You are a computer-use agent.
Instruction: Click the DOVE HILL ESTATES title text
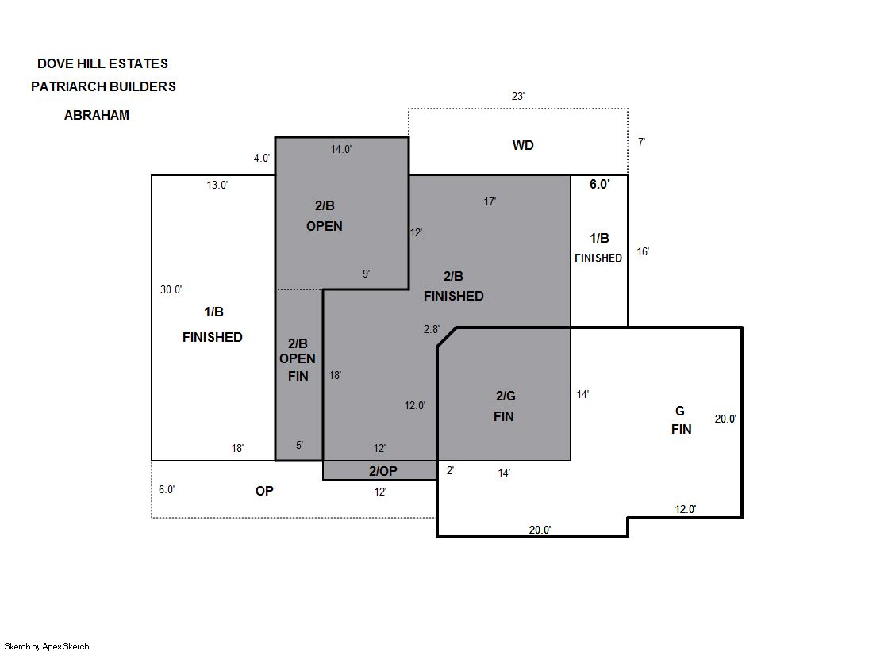(x=102, y=63)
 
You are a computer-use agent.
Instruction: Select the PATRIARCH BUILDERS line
(x=103, y=86)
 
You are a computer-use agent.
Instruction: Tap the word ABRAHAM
(x=97, y=116)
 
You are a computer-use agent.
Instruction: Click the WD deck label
(x=523, y=145)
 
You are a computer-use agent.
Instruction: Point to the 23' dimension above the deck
(x=517, y=96)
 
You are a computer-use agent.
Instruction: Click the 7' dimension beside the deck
(x=642, y=142)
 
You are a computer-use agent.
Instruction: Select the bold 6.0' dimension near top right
(x=600, y=184)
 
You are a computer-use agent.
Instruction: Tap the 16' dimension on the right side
(x=643, y=251)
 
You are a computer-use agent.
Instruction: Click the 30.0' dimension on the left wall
(x=171, y=290)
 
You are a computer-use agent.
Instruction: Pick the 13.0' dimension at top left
(x=217, y=185)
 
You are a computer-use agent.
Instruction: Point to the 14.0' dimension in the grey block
(x=341, y=149)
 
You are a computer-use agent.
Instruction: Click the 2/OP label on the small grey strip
(x=382, y=471)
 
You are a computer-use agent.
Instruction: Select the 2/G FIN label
(x=505, y=406)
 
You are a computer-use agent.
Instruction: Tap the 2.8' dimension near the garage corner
(x=432, y=329)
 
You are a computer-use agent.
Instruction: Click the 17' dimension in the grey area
(x=490, y=201)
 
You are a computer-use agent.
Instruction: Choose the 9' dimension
(x=367, y=274)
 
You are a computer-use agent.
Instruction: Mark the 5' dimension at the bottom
(x=300, y=446)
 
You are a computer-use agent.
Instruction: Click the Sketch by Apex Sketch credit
(x=47, y=646)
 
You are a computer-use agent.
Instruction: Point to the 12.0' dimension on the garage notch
(x=686, y=510)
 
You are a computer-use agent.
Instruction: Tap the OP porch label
(x=264, y=492)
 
